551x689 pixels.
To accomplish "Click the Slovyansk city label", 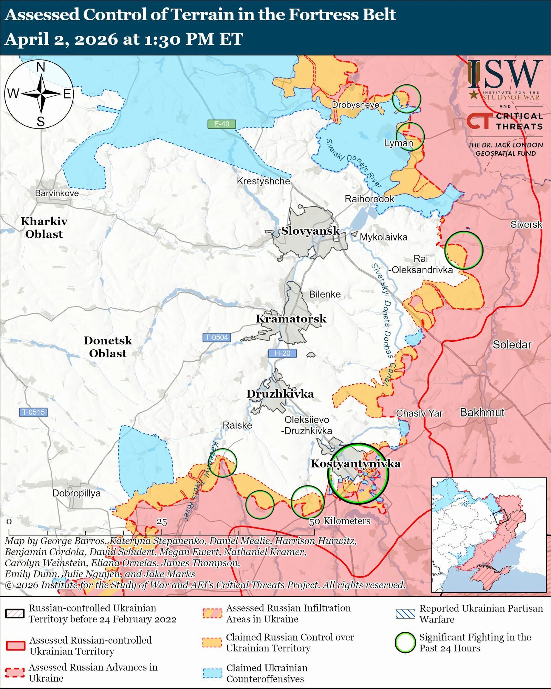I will pos(310,231).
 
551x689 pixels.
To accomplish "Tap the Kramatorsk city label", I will pos(291,319).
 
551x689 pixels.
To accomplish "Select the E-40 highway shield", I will pos(221,124).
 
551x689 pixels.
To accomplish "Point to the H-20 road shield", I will pos(282,353).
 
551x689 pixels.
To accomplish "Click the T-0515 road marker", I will pos(33,412).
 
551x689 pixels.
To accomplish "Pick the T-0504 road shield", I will pos(217,337).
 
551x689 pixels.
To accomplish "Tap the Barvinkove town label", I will pos(57,193).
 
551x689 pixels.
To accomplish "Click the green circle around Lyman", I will pos(410,136).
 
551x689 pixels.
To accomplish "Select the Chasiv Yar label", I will pos(419,413).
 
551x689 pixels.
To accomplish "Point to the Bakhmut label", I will pos(482,412).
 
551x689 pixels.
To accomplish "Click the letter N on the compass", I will pos(41,67).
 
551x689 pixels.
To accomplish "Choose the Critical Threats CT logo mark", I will pos(479,121).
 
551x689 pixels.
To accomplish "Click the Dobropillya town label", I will pos(76,493).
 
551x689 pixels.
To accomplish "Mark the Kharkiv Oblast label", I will pos(44,227).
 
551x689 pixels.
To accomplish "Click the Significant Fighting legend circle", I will pos(405,642).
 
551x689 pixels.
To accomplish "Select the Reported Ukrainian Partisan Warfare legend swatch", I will pos(405,614).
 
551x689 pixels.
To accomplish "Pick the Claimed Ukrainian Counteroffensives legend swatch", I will pos(212,673).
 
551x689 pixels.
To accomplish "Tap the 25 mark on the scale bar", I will pos(162,522).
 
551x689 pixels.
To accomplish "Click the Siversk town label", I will pos(526,225).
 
